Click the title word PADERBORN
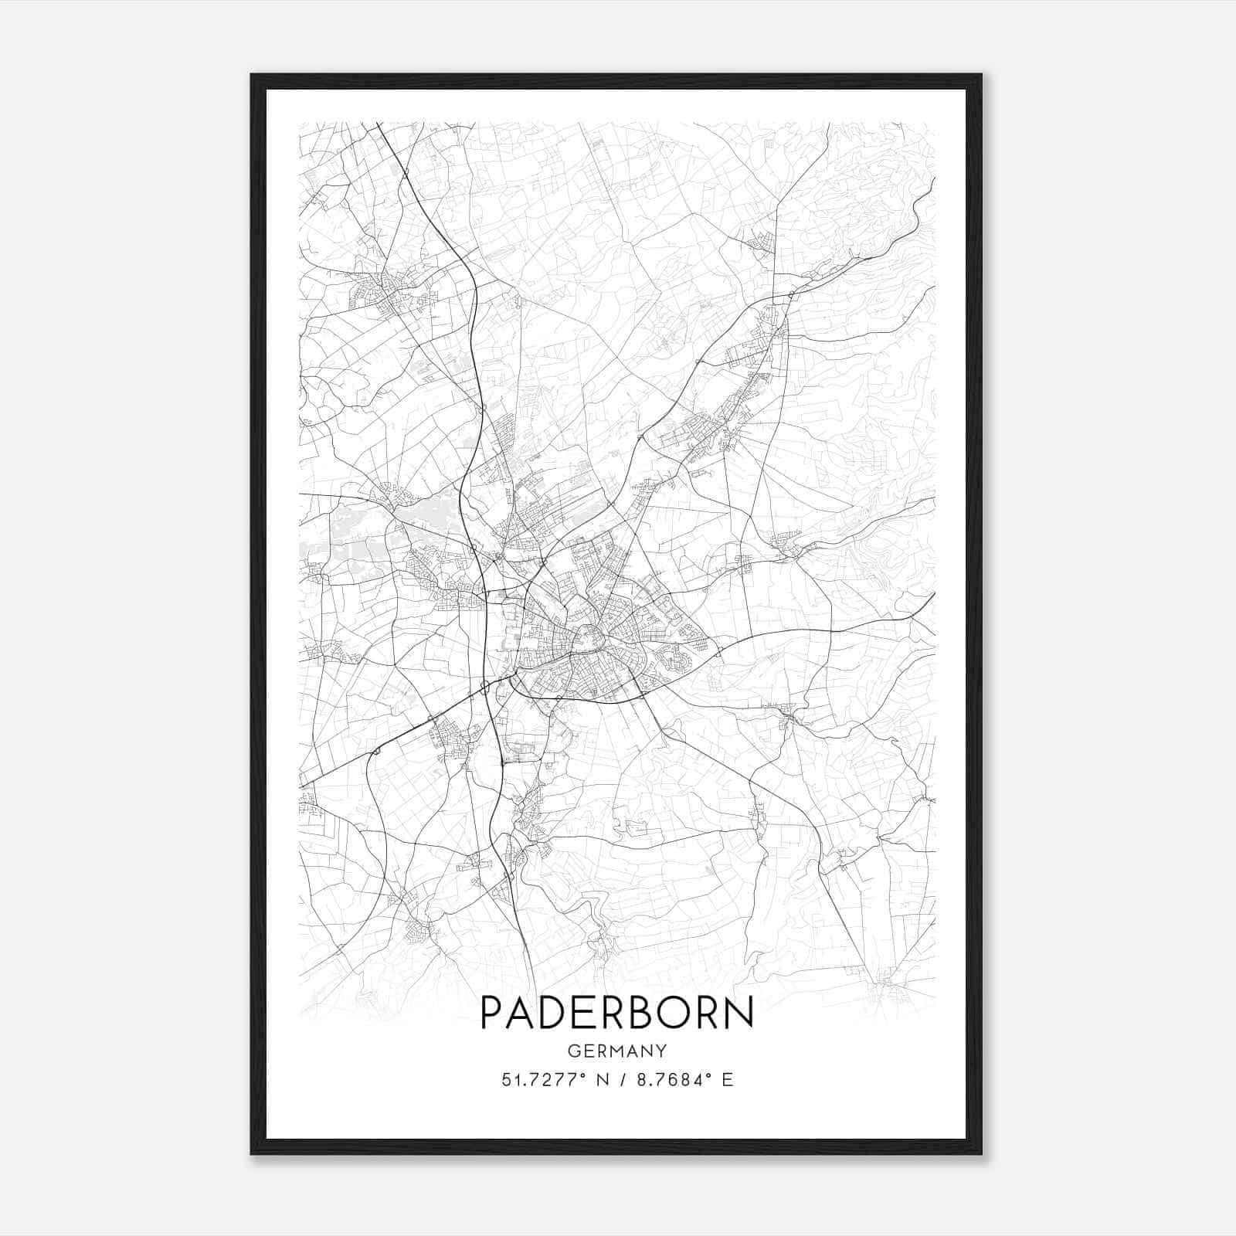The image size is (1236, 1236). click(616, 1013)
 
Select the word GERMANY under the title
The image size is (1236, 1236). click(616, 1051)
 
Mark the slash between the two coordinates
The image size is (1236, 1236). click(623, 1080)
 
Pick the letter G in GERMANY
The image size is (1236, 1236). click(572, 1051)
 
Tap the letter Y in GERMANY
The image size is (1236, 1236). click(661, 1051)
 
